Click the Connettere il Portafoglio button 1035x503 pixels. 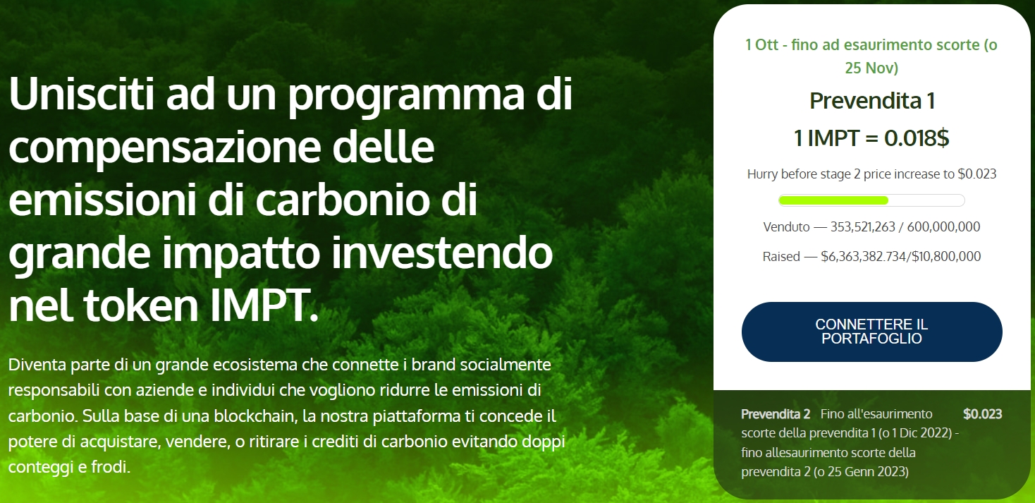pos(872,332)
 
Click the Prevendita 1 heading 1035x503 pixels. pos(872,101)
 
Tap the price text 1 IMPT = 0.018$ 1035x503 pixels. pos(871,138)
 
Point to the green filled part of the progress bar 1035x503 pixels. pos(833,200)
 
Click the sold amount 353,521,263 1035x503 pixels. pos(863,227)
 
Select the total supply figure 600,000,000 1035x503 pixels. pos(943,227)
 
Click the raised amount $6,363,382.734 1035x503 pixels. pos(863,257)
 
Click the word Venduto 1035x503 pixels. pos(786,227)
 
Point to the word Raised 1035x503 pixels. pos(781,257)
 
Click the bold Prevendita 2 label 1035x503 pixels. pos(776,414)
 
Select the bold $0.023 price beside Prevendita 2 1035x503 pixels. pos(983,414)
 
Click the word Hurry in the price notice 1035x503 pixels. pos(762,174)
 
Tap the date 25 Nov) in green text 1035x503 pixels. pos(871,68)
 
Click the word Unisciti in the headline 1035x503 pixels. pos(81,94)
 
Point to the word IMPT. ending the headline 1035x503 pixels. pos(264,305)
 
